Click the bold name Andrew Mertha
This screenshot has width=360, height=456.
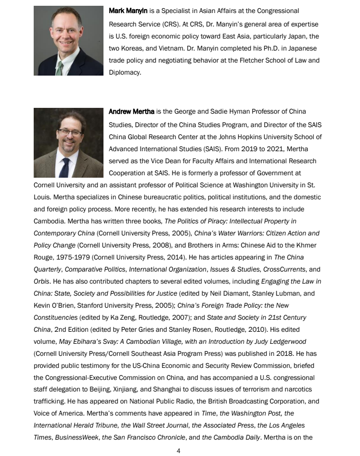pyautogui.click(x=131, y=112)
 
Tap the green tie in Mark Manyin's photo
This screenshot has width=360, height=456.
pyautogui.click(x=60, y=68)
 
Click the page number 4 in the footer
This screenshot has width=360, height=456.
pyautogui.click(x=179, y=451)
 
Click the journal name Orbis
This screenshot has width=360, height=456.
pyautogui.click(x=41, y=281)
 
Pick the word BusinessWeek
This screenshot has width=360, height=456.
pyautogui.click(x=74, y=438)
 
